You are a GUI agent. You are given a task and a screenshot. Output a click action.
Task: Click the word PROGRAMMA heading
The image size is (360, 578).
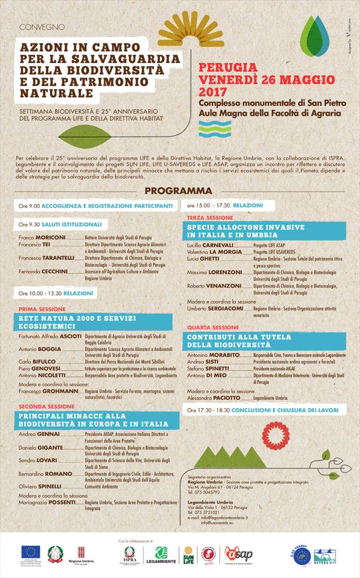click(179, 191)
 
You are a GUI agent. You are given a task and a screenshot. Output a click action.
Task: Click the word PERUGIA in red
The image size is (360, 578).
click(228, 67)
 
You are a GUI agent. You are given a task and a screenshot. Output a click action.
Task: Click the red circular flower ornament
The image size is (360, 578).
click(276, 435)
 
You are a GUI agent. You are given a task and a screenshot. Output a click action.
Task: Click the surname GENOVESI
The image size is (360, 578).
click(47, 368)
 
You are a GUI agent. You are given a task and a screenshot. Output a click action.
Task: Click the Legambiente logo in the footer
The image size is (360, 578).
click(162, 557)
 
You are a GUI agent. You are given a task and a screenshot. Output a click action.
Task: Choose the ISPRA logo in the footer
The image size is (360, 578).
click(130, 556)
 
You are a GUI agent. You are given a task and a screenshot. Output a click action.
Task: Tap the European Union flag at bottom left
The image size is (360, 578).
click(31, 553)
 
